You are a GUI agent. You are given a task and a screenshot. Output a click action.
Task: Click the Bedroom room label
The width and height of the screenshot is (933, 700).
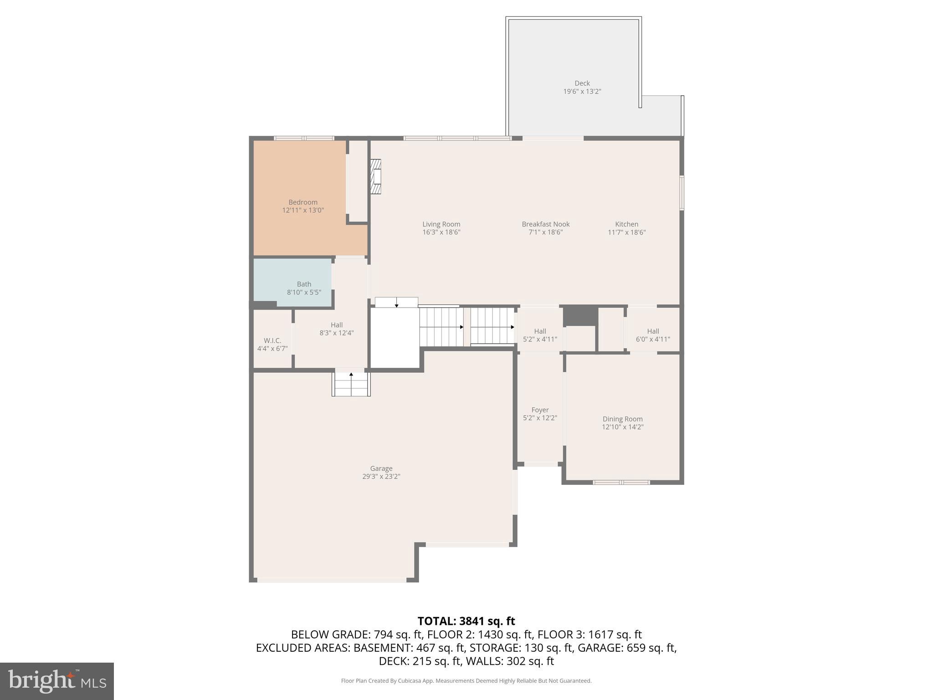pyautogui.click(x=303, y=202)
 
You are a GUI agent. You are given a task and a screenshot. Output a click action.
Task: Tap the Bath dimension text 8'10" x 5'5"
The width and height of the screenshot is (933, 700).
pyautogui.click(x=304, y=292)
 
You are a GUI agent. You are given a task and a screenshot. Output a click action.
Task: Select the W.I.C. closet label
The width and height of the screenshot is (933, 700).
pyautogui.click(x=272, y=341)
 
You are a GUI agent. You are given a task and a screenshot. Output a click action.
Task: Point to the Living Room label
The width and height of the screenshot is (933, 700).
pyautogui.click(x=441, y=224)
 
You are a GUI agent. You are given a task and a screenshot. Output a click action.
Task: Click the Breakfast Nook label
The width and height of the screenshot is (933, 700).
pyautogui.click(x=545, y=224)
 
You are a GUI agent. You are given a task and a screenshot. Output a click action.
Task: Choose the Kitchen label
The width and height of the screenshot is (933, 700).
pyautogui.click(x=626, y=224)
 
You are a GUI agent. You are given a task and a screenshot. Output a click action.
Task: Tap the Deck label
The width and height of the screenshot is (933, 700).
pyautogui.click(x=582, y=83)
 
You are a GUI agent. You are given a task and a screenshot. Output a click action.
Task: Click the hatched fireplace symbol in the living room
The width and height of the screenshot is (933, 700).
pyautogui.click(x=375, y=177)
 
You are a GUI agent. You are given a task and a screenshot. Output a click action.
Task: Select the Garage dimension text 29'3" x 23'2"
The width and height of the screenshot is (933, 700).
pyautogui.click(x=381, y=477)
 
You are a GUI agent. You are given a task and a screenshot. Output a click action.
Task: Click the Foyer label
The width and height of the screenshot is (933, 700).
pyautogui.click(x=540, y=410)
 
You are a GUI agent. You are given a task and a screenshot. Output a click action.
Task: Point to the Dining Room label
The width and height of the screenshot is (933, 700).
pyautogui.click(x=622, y=419)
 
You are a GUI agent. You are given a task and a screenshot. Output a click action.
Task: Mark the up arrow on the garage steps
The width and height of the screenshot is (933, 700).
pyautogui.click(x=351, y=375)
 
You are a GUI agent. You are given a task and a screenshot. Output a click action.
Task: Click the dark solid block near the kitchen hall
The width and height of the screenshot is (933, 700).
pyautogui.click(x=580, y=315)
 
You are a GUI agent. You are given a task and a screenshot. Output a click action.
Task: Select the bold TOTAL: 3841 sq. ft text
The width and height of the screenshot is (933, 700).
pyautogui.click(x=466, y=621)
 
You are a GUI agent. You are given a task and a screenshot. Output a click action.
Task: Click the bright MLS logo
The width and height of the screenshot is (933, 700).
pyautogui.click(x=56, y=681)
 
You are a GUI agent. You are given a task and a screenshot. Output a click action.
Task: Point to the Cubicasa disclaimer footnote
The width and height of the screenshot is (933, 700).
pyautogui.click(x=466, y=681)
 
